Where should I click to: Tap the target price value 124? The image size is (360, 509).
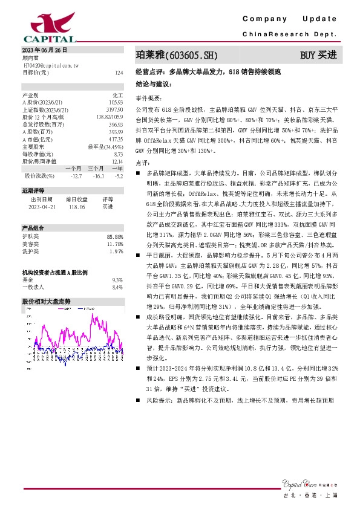(119, 72)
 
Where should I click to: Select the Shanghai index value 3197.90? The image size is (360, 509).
(114, 109)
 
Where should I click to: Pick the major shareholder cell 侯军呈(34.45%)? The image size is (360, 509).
(109, 146)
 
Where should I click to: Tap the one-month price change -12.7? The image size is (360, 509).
(76, 176)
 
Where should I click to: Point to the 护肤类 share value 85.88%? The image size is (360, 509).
(114, 236)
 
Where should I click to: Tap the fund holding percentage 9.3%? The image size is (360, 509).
(117, 280)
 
